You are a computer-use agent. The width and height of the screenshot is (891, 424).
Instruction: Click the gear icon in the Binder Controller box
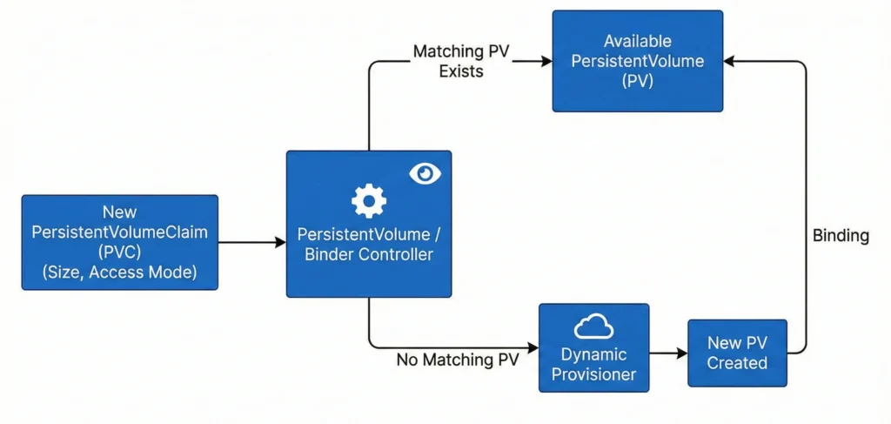point(368,202)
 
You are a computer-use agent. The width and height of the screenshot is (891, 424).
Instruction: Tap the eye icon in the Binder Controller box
point(425,174)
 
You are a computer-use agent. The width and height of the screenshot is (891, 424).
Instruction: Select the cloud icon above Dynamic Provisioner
point(593,326)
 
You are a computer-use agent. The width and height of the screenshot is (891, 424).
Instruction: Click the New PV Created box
point(737,353)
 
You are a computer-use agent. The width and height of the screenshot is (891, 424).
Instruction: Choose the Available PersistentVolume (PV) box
point(637,61)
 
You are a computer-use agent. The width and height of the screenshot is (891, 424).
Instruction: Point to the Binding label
point(841,236)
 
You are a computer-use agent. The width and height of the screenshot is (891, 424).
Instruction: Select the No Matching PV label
point(458,360)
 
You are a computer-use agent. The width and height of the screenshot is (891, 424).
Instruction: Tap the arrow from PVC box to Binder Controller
point(252,242)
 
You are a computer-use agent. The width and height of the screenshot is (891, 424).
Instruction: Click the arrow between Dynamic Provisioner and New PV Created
point(668,353)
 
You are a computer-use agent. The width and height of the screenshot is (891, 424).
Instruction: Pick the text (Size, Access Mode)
point(119,271)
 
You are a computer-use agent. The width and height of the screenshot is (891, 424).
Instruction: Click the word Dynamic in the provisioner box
point(593,354)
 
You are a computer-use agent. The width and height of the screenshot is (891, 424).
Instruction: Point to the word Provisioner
point(593,375)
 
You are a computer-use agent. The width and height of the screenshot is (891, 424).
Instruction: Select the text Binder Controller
point(369,254)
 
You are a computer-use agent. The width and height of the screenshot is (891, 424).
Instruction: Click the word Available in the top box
point(638,41)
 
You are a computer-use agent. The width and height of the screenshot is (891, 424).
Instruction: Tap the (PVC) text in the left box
point(119,252)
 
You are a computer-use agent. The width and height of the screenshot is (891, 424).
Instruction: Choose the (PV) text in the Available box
point(638,81)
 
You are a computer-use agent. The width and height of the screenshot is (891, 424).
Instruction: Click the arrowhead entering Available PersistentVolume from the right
point(729,61)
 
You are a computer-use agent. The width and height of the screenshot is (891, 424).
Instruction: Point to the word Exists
point(460,71)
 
